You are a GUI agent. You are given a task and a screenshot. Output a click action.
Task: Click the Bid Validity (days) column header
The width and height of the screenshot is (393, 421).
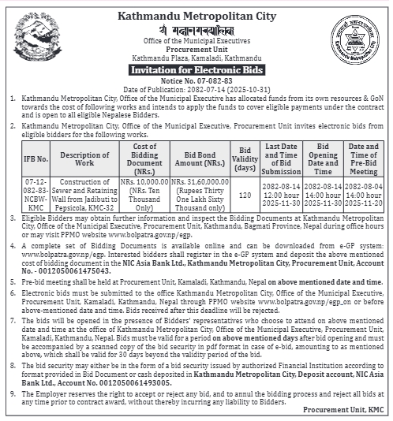click(245, 158)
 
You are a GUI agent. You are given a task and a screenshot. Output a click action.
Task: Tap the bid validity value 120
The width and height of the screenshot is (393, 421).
click(245, 196)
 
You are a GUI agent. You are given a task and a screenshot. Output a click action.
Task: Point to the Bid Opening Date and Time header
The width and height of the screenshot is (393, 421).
click(323, 158)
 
